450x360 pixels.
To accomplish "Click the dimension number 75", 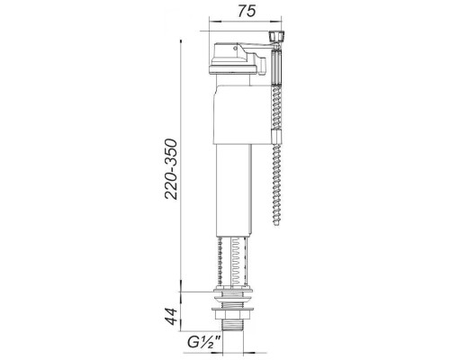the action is click(247, 12).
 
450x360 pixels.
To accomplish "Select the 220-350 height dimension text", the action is click(171, 169).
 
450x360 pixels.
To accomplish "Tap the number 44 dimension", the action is click(172, 316).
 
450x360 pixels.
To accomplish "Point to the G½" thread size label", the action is click(204, 342).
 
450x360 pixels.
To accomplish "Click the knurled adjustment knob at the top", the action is click(276, 37).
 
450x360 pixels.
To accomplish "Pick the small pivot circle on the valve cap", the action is click(235, 48).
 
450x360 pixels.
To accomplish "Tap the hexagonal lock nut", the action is click(232, 315).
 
